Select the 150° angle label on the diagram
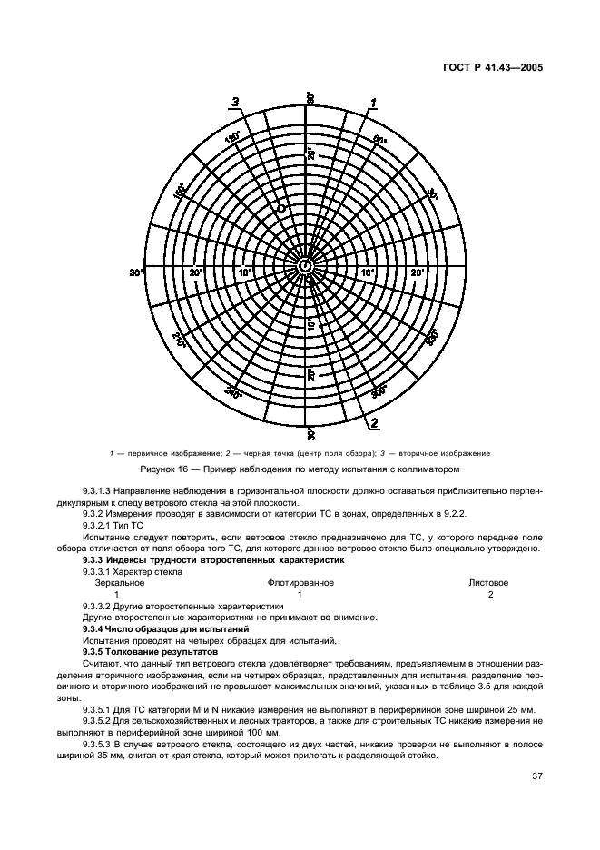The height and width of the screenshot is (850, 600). click(x=180, y=191)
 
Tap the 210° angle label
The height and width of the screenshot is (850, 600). click(x=179, y=340)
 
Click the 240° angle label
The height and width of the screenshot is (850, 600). click(x=232, y=393)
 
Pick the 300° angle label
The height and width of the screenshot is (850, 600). click(x=380, y=391)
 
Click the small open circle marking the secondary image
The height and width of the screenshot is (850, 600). click(x=282, y=208)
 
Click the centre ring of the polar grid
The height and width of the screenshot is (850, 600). click(x=307, y=265)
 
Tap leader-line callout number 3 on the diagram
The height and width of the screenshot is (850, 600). click(x=236, y=101)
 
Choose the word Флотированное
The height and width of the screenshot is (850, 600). click(x=300, y=582)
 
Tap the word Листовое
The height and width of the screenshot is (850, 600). click(x=488, y=582)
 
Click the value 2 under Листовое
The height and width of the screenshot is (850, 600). click(x=490, y=593)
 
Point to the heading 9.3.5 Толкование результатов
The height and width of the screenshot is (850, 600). click(x=151, y=652)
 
